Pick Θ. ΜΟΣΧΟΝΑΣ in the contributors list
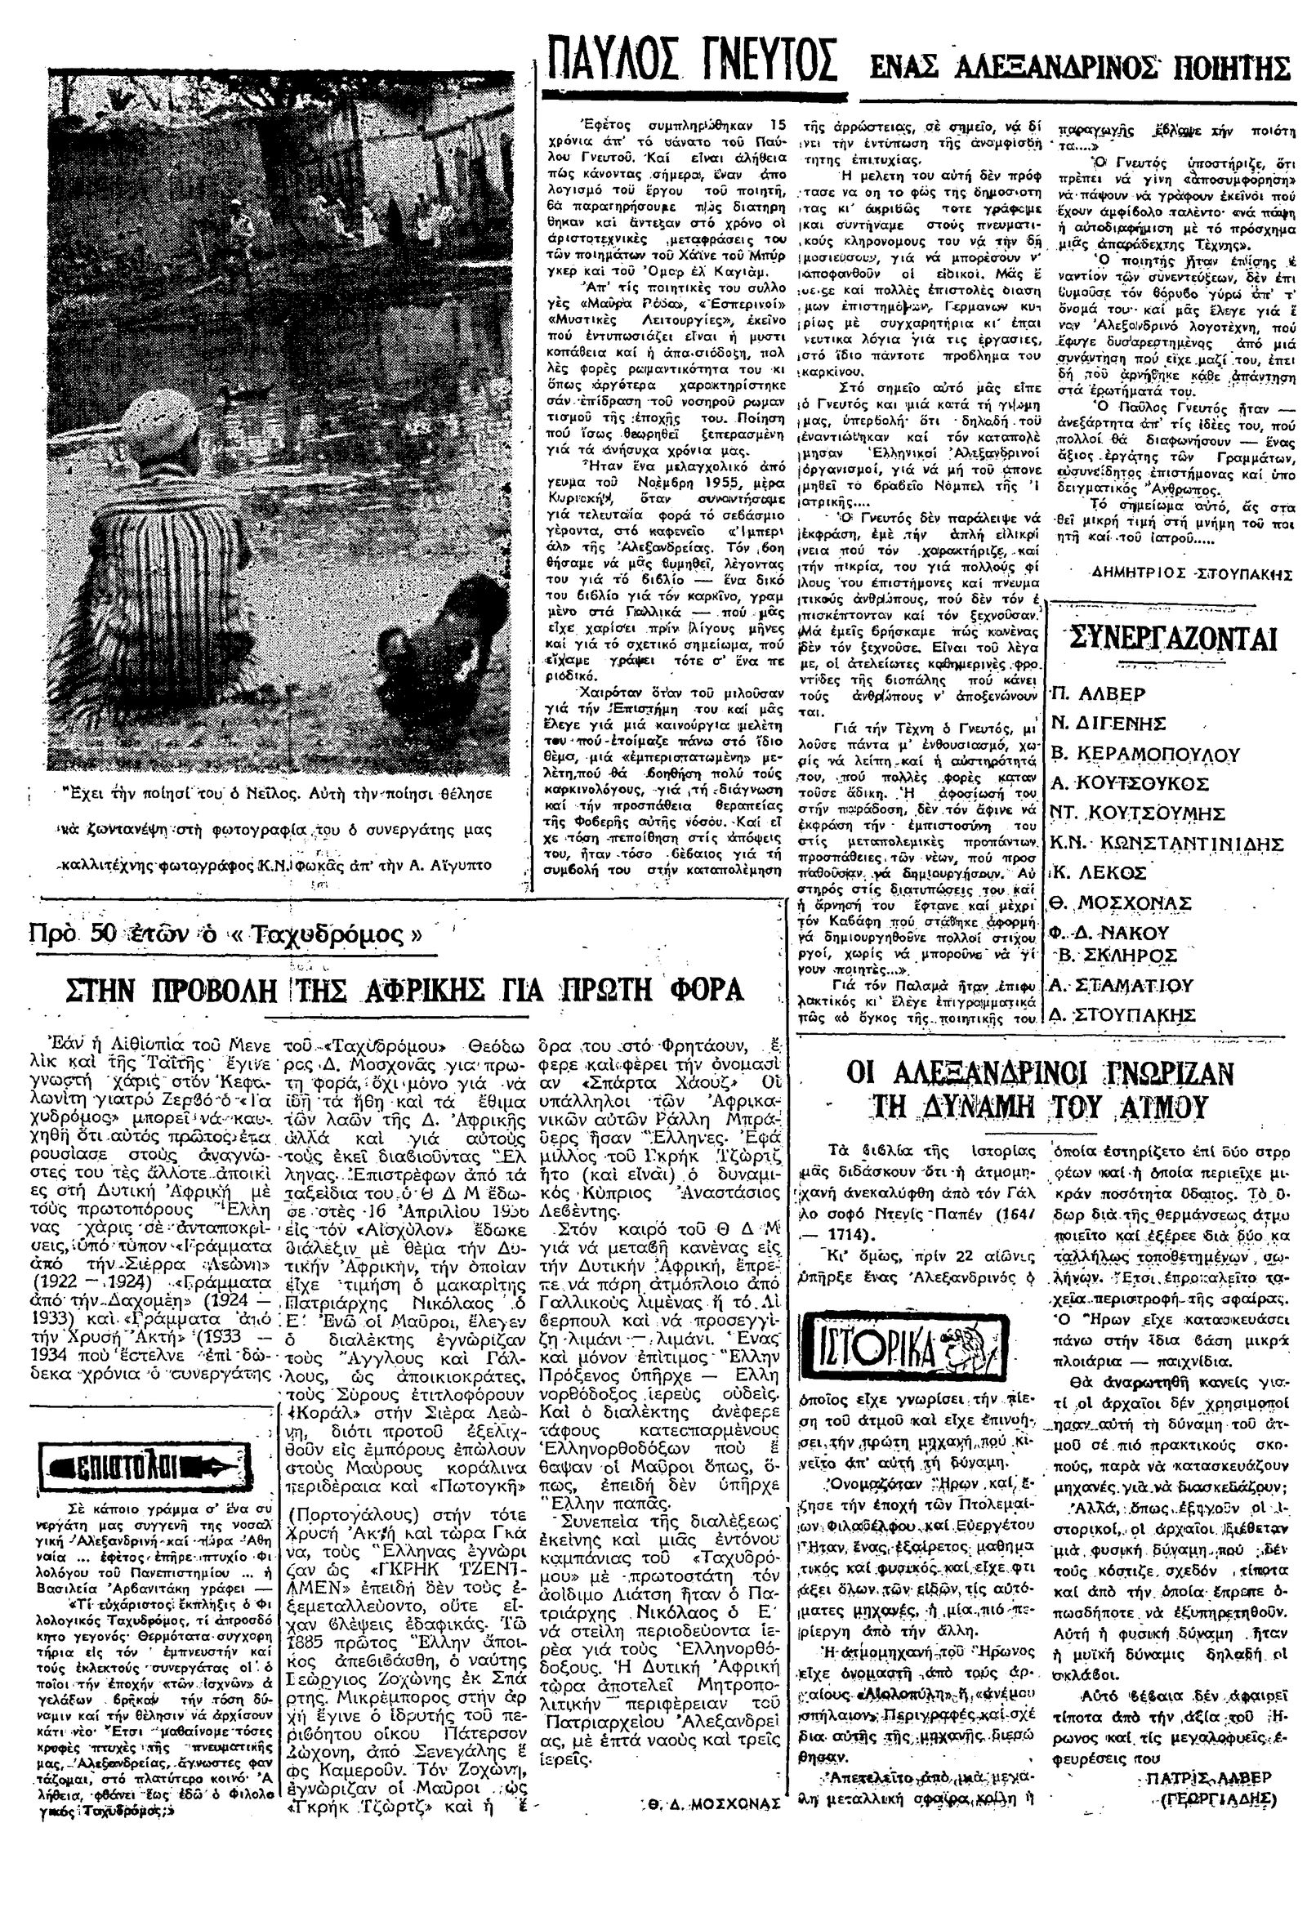point(1120,901)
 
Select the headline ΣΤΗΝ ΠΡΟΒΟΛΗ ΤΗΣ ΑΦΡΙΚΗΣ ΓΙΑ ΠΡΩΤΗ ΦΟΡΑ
point(406,989)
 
